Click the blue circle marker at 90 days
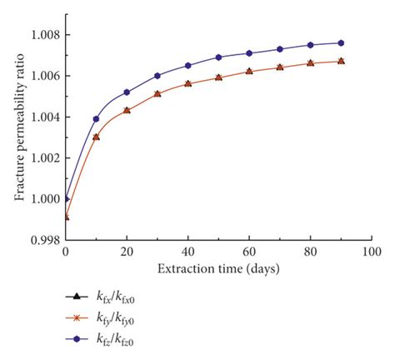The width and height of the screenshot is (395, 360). click(341, 42)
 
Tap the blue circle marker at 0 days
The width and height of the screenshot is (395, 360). click(66, 199)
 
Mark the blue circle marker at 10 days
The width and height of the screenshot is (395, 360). click(96, 119)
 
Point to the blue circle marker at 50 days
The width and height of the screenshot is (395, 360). click(218, 57)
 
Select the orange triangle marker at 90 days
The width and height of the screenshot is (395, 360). click(341, 61)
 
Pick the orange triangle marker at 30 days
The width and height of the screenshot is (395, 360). click(157, 93)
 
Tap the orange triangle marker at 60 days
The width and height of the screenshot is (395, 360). click(249, 71)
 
